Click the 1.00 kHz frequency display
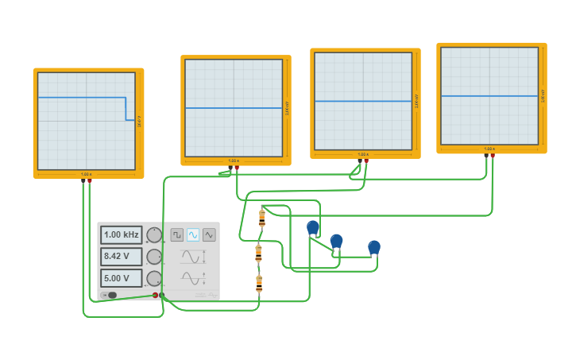coord(121,235)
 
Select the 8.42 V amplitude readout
coord(121,257)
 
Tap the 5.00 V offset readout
coord(121,278)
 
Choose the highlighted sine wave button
coord(193,234)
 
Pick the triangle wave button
coord(209,234)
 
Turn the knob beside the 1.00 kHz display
coord(154,235)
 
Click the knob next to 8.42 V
coord(154,257)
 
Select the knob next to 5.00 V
coord(154,278)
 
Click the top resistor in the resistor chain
coord(261,218)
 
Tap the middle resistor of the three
coord(258,253)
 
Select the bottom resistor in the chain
coord(258,283)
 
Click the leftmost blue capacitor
coord(313,229)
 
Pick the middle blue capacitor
coord(336,241)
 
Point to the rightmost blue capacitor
coord(374,248)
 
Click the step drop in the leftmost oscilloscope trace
coord(126,109)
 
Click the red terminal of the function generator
coord(155,295)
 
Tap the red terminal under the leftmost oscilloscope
coord(89,181)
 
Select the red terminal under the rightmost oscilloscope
coord(493,156)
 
